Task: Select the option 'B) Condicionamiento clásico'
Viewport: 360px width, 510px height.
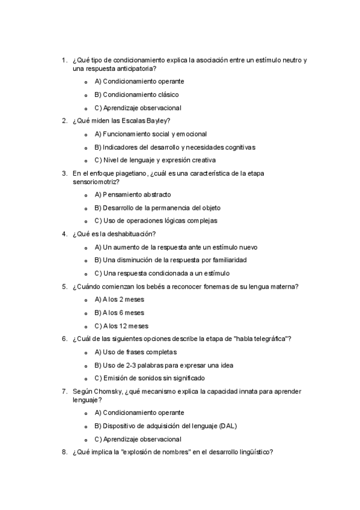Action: click(136, 94)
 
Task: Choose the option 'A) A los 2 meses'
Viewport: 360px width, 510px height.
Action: click(120, 300)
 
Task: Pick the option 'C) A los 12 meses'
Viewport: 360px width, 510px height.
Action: click(121, 326)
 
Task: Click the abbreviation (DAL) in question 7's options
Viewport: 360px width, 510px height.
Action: click(228, 426)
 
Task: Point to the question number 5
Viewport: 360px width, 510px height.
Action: click(64, 286)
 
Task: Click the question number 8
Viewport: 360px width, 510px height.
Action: click(64, 453)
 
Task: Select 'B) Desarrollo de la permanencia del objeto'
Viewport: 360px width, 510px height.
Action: click(157, 207)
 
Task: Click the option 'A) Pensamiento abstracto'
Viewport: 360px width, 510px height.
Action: click(133, 194)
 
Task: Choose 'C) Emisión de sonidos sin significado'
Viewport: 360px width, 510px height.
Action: click(150, 378)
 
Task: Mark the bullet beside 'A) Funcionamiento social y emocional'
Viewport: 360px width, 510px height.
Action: click(87, 135)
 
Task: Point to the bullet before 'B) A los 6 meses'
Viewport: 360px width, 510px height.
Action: click(87, 313)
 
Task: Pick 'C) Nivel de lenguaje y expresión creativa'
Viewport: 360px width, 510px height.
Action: click(155, 160)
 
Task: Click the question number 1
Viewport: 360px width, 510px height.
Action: click(64, 60)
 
